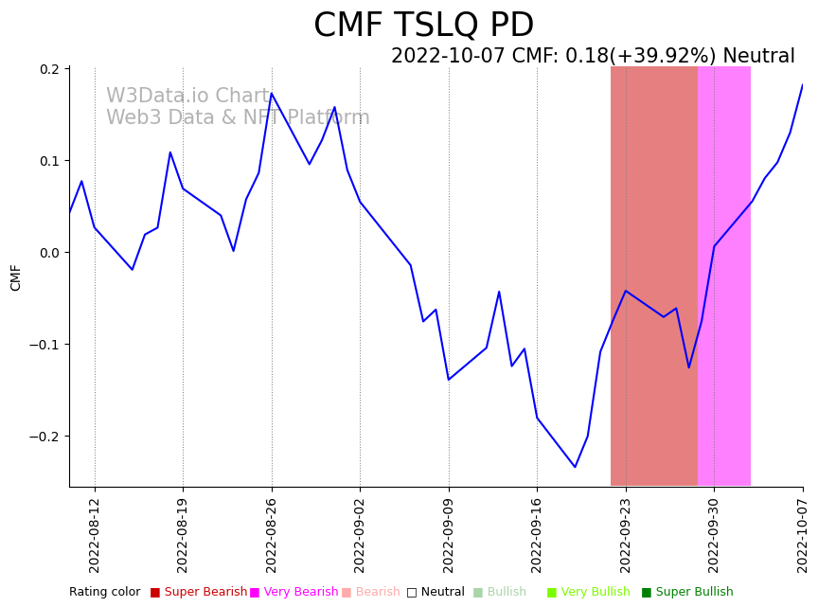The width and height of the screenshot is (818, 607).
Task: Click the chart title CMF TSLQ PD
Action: [423, 26]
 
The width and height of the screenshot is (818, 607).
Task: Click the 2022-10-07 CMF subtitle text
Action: [593, 57]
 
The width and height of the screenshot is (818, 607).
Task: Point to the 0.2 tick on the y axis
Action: [49, 69]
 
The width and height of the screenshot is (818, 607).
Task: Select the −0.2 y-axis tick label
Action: [44, 437]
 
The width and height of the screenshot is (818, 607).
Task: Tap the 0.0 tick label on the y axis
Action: [49, 253]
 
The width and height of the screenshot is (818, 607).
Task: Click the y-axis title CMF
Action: [16, 277]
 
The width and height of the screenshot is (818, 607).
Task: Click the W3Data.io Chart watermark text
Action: [188, 97]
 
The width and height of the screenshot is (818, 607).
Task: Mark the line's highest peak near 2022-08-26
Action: [272, 93]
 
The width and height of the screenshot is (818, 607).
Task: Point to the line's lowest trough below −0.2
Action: [575, 467]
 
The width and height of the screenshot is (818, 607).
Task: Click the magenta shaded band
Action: [724, 275]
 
